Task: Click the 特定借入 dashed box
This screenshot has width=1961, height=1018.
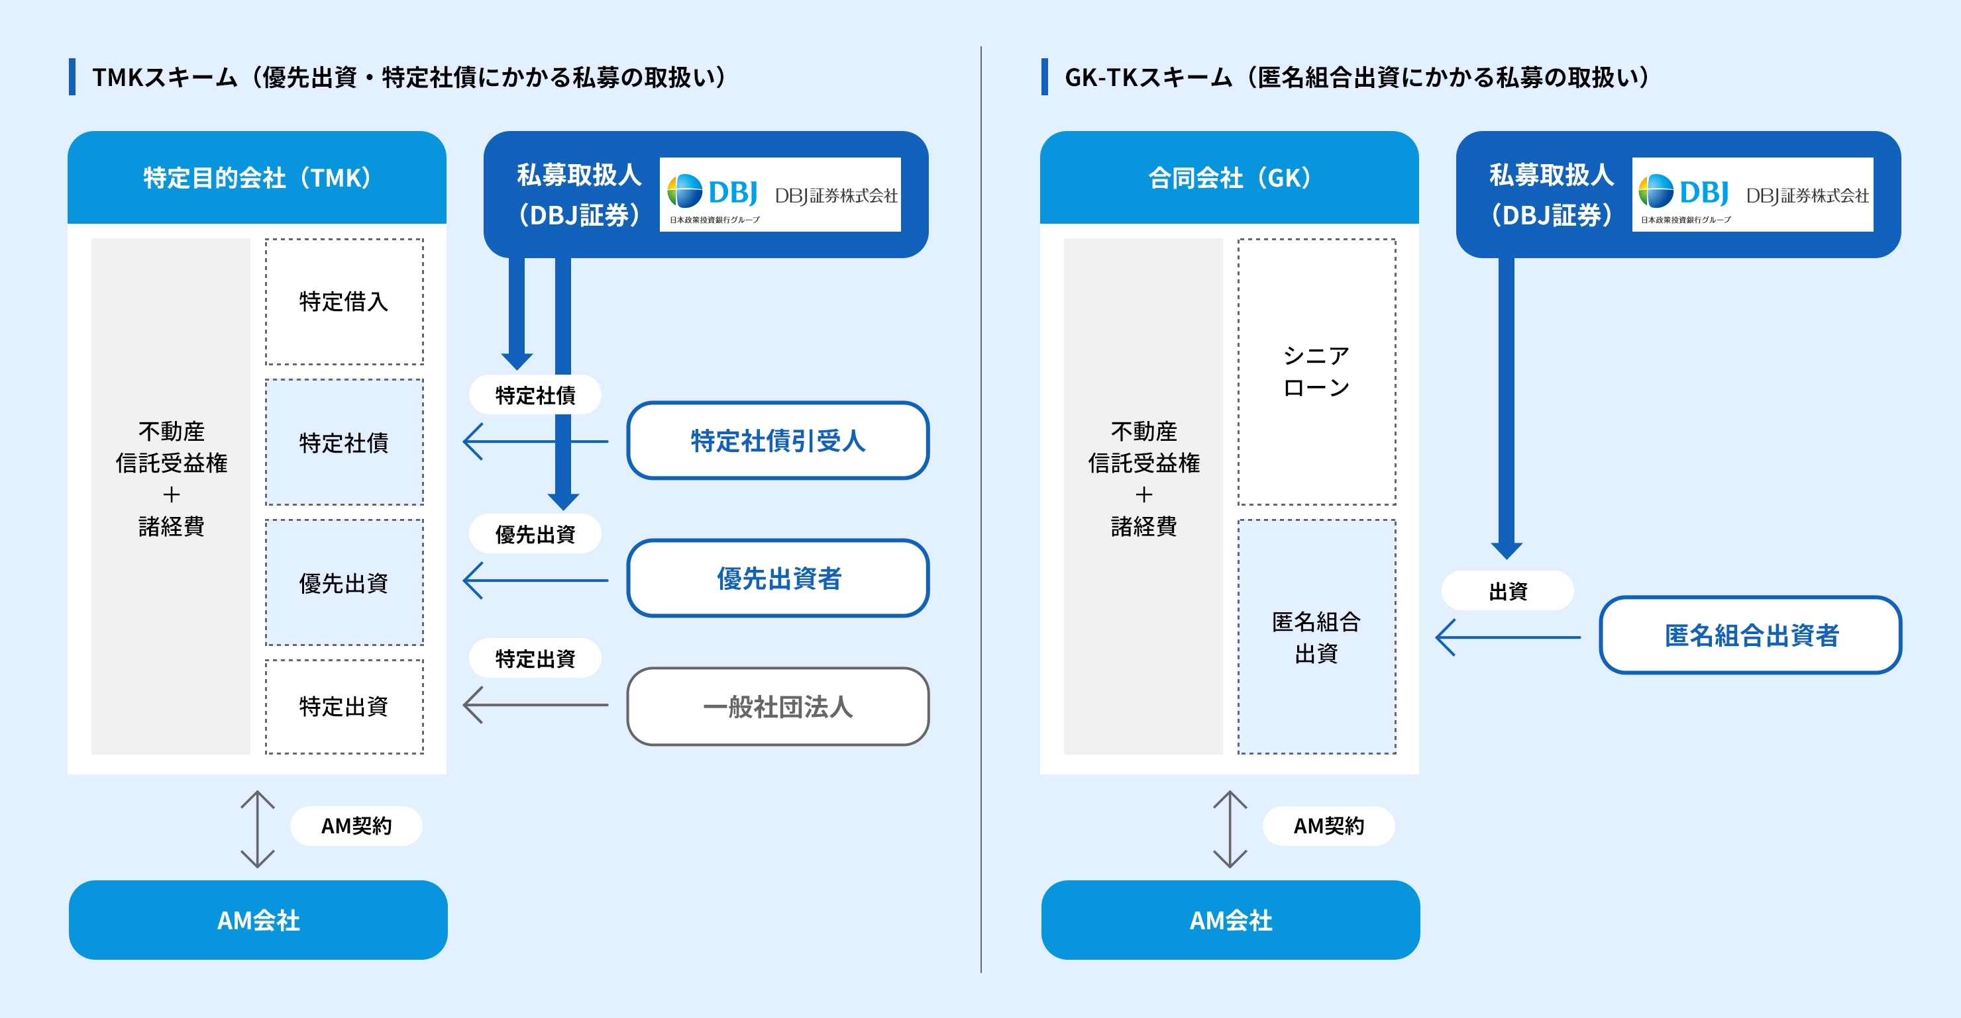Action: click(x=344, y=302)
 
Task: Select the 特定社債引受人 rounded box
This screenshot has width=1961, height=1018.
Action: click(x=777, y=441)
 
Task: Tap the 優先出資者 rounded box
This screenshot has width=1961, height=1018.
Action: click(x=777, y=578)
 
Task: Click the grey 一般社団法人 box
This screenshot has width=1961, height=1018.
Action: click(x=777, y=706)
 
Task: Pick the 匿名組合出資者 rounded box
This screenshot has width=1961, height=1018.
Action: click(x=1750, y=635)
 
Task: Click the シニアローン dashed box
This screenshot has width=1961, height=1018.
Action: click(x=1316, y=372)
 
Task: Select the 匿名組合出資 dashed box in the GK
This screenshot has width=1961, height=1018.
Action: click(x=1316, y=637)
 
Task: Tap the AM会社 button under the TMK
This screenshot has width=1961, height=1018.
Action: click(x=258, y=920)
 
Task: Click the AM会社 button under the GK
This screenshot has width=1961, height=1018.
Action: click(x=1230, y=920)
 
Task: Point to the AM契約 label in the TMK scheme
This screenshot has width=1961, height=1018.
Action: click(x=356, y=825)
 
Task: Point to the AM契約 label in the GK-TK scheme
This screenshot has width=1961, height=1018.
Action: click(x=1328, y=825)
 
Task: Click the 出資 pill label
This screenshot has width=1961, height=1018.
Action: click(x=1507, y=591)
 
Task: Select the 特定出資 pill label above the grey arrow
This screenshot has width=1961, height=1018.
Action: click(x=535, y=658)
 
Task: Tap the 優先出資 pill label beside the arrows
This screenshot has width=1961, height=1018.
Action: click(x=535, y=534)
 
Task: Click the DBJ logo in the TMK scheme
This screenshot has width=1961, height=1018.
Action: click(x=780, y=195)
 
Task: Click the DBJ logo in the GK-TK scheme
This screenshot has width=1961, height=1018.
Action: click(x=1752, y=195)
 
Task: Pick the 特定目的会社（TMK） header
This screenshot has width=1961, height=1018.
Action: click(x=257, y=178)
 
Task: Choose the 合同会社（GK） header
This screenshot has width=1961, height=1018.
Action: click(x=1230, y=178)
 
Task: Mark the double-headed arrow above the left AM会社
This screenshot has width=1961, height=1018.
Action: click(x=257, y=829)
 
